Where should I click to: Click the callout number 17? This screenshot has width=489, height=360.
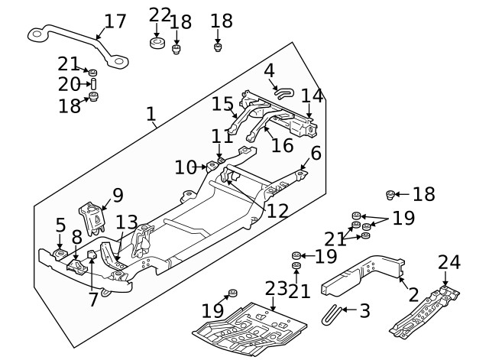click(x=115, y=21)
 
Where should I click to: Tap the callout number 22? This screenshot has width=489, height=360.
click(x=160, y=15)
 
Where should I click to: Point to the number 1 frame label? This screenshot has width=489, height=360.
click(x=151, y=115)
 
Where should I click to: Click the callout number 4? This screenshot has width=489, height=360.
click(x=269, y=71)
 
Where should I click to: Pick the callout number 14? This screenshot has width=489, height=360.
click(x=312, y=96)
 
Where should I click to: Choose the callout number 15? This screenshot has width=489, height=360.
click(x=222, y=103)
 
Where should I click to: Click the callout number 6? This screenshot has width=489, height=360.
click(x=316, y=153)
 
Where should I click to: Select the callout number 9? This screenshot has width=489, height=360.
click(x=117, y=195)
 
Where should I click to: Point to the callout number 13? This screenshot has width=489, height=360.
click(x=127, y=222)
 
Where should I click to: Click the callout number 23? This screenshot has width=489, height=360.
click(x=277, y=289)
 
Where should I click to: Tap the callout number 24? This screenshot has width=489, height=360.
click(x=449, y=262)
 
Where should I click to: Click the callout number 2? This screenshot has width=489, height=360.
click(x=413, y=294)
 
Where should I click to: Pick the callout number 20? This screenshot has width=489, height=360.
click(x=68, y=83)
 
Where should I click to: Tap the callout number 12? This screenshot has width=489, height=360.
click(x=277, y=209)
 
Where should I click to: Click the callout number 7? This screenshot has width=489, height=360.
click(x=93, y=300)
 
